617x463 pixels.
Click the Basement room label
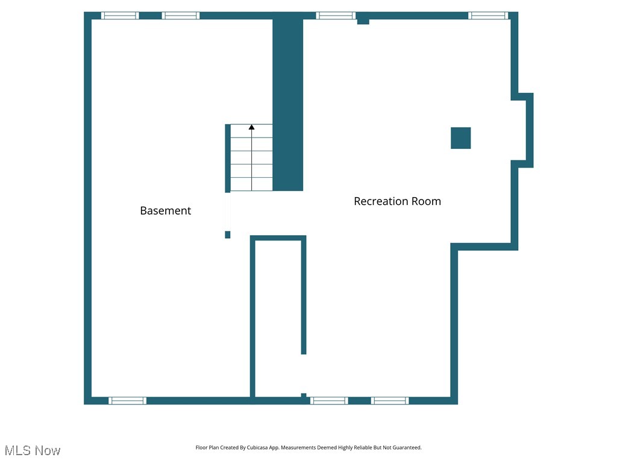point(165,210)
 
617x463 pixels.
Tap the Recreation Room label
point(397,201)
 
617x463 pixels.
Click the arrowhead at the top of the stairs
point(252,127)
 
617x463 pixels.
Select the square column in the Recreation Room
point(461,138)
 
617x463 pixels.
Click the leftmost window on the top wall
point(120,16)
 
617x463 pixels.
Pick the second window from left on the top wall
point(181,16)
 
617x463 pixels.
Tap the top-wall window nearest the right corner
point(488,16)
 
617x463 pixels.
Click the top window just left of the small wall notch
point(336,16)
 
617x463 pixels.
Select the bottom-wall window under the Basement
point(127,400)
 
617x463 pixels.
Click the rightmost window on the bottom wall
point(390,400)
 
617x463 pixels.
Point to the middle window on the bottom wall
point(329,400)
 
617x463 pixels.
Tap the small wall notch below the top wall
point(363,22)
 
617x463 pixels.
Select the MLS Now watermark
point(33,450)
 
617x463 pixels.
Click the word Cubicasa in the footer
point(257,448)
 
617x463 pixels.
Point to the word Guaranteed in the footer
point(407,448)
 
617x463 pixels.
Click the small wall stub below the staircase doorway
point(228,235)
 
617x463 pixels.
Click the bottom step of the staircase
point(252,184)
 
